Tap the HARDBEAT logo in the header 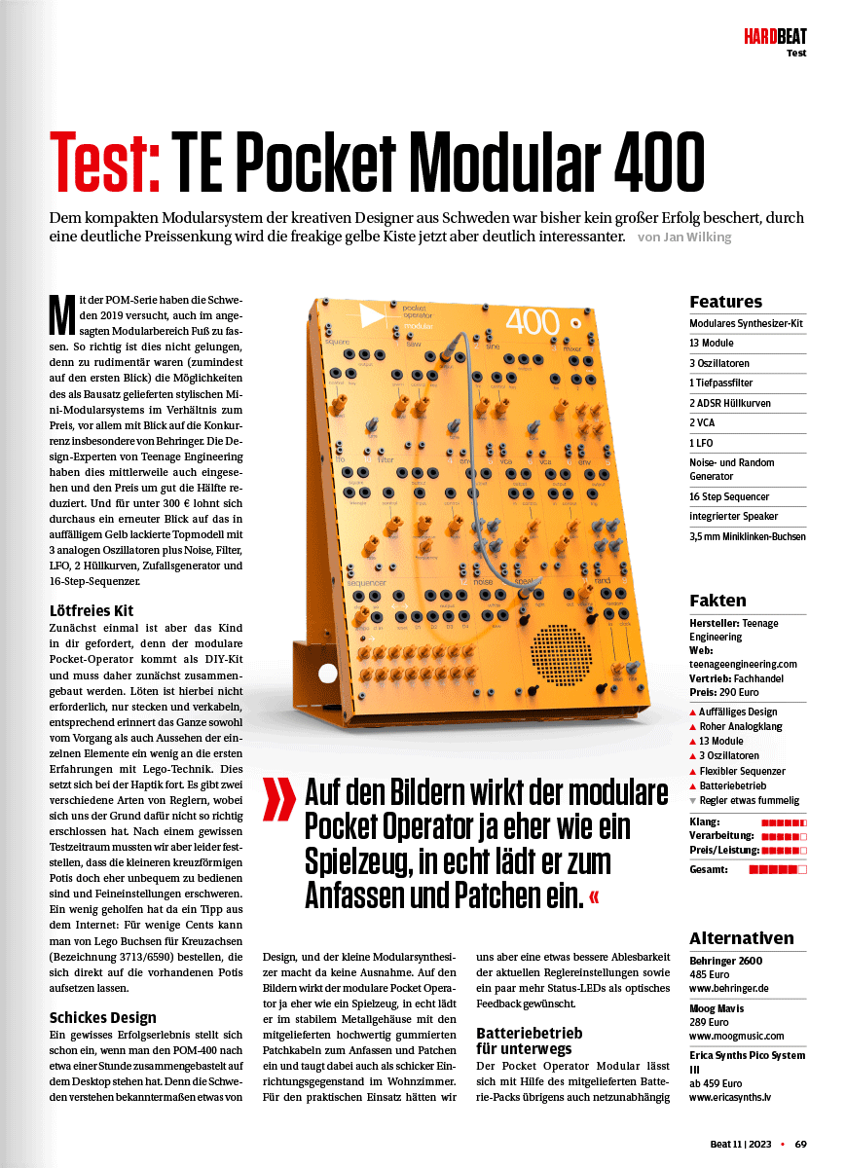tap(775, 38)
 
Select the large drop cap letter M tap(61, 312)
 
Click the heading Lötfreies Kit tap(91, 611)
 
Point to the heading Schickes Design tap(103, 1018)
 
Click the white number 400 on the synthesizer tap(533, 322)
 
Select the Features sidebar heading tap(725, 302)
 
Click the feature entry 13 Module tap(712, 344)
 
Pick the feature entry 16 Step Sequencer tap(731, 496)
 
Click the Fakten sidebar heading tap(717, 601)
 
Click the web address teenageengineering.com tap(743, 664)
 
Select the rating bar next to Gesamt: tap(778, 869)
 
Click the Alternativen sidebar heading tap(741, 938)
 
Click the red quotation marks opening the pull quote tap(280, 800)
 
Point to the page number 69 tap(800, 1144)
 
